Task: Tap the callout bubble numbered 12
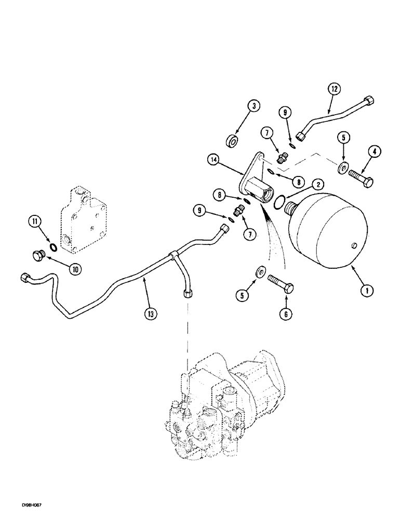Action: pyautogui.click(x=334, y=90)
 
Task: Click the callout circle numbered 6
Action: pyautogui.click(x=286, y=314)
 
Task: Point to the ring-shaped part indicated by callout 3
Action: pyautogui.click(x=232, y=141)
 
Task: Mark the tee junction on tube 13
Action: pyautogui.click(x=171, y=255)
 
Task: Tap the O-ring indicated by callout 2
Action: pyautogui.click(x=279, y=200)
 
